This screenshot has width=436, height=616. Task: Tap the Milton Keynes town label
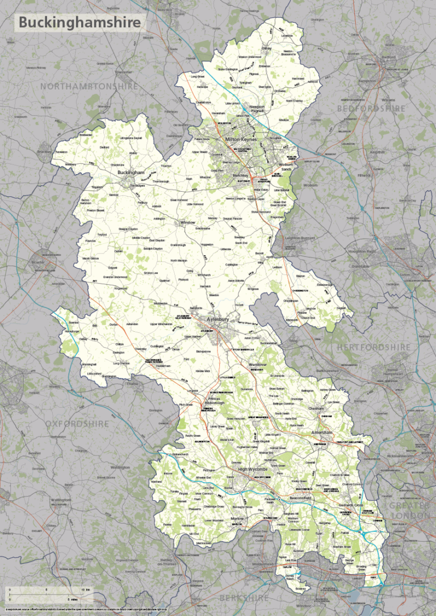pos(241,139)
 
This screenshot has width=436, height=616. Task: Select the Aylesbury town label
pos(219,320)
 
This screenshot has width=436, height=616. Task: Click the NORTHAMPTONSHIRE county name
pos(89,86)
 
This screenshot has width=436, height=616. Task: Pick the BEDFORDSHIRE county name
pos(371,108)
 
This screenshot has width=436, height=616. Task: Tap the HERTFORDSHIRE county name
pos(373,347)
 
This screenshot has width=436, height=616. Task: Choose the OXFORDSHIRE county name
pos(77,424)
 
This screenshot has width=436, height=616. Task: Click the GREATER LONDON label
pos(409,510)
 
